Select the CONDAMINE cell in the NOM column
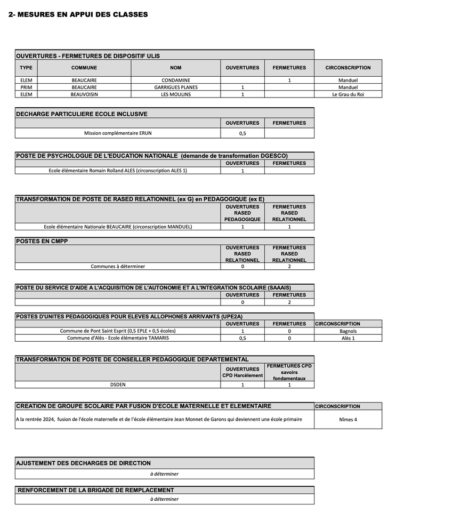176,80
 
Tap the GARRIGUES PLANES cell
176,87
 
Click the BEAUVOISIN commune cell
84,94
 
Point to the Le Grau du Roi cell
348,94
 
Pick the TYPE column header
26,68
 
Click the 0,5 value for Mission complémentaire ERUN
242,133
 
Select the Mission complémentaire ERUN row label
118,133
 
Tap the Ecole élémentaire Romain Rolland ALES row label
118,171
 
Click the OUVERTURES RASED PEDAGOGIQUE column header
242,213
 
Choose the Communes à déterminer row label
118,266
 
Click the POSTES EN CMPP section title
42,241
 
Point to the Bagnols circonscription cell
348,331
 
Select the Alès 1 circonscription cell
348,338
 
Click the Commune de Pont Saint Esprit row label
118,331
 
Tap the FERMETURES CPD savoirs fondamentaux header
289,372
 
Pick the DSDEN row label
118,384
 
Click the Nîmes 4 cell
348,419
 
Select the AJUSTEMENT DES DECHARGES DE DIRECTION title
84,463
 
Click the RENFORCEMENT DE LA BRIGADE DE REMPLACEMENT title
96,490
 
